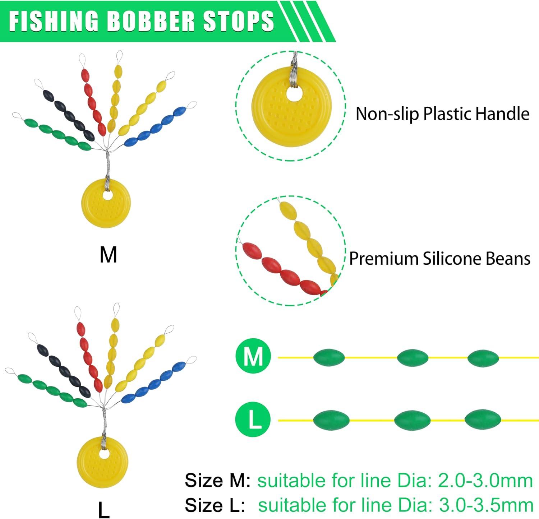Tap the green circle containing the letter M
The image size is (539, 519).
click(253, 357)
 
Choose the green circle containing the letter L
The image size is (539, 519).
click(253, 419)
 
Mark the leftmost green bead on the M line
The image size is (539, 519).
click(329, 358)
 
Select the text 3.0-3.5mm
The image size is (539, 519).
click(486, 505)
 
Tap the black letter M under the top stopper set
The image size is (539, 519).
click(108, 255)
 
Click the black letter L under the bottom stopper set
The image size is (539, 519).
click(104, 509)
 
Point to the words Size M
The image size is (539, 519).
click(217, 481)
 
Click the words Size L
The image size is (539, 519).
click(215, 505)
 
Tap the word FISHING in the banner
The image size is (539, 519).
click(54, 21)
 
